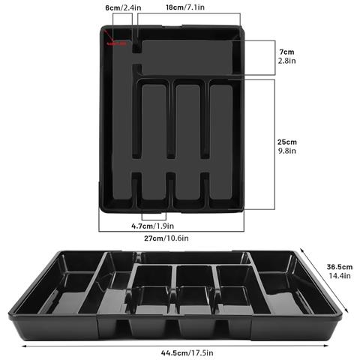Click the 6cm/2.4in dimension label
121,7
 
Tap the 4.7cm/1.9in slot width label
153,225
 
